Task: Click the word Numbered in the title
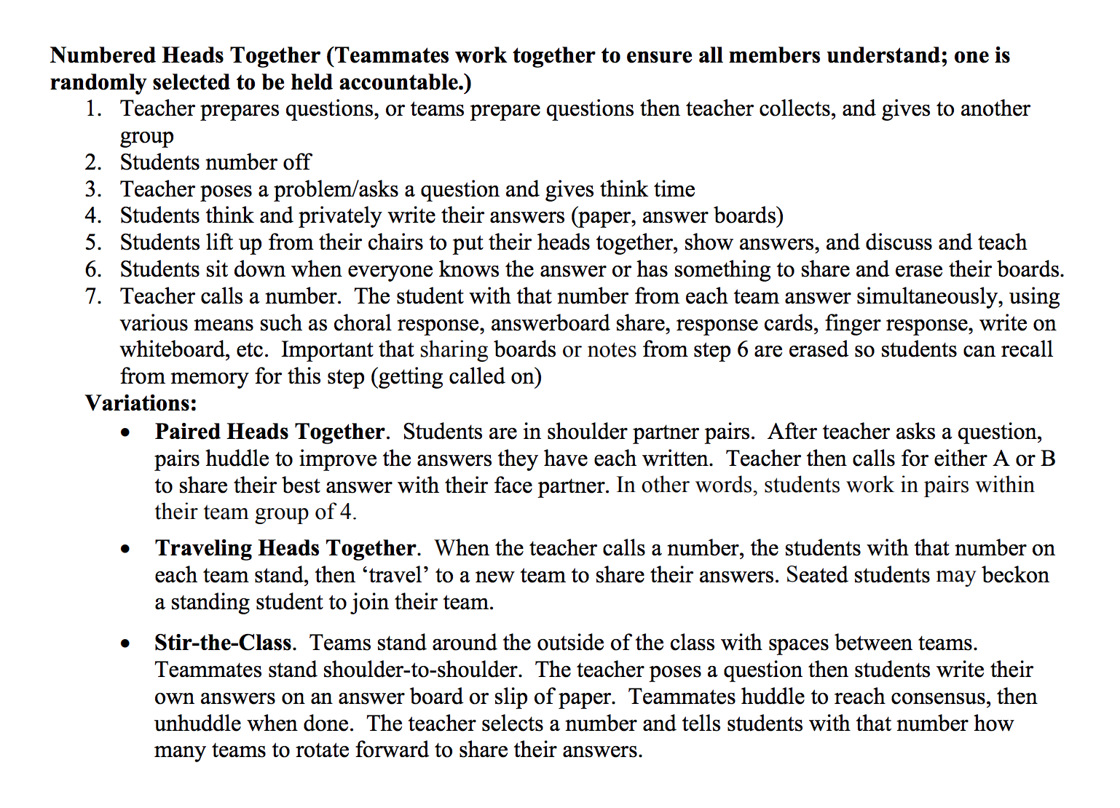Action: point(103,56)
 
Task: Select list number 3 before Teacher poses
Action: point(92,189)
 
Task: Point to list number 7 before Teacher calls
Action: point(92,296)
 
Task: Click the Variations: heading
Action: point(141,403)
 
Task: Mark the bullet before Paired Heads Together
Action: point(126,433)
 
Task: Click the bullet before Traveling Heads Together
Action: point(126,550)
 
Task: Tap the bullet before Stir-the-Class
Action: point(126,644)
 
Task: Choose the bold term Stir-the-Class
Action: point(223,643)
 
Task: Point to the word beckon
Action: point(1015,576)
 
